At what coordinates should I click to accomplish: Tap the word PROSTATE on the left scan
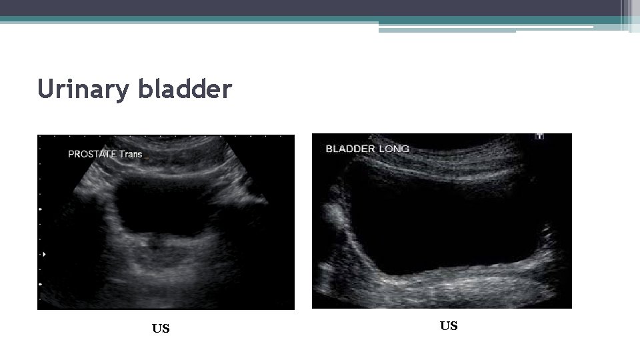point(93,154)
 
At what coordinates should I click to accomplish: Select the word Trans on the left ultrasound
point(131,154)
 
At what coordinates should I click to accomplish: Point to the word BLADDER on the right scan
point(350,149)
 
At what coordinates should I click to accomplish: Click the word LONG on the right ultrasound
point(394,149)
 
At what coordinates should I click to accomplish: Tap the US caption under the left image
point(161,328)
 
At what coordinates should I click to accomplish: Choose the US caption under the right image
point(449,325)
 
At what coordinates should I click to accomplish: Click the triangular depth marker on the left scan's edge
point(45,254)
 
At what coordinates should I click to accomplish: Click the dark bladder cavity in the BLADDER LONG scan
point(447,227)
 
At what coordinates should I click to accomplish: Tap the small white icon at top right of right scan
point(539,137)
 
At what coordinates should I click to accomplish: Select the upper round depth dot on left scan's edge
point(41,209)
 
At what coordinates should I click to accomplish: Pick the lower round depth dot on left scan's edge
point(41,285)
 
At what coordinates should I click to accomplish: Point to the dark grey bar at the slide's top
point(313,8)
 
